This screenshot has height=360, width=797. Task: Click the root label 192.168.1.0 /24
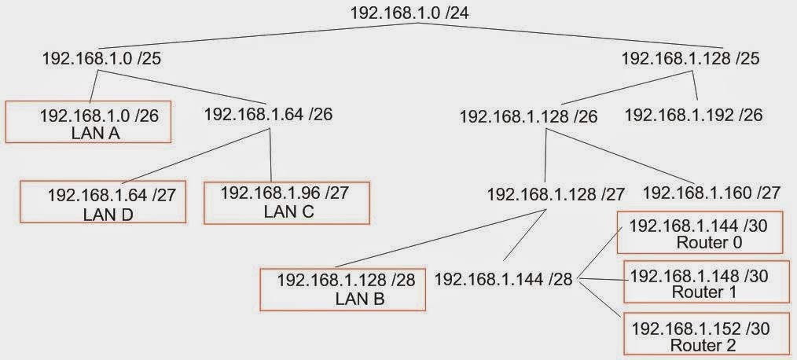(409, 13)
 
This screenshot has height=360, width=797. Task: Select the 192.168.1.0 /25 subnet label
(102, 58)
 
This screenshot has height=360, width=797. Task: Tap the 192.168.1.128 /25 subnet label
(690, 58)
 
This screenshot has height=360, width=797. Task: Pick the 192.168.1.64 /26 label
(268, 114)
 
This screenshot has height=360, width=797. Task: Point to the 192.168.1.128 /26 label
(528, 117)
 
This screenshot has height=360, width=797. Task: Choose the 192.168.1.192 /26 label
(693, 115)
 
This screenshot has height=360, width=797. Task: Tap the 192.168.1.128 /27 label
(556, 193)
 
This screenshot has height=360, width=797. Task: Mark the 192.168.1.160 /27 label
(711, 193)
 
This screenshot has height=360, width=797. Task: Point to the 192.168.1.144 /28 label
(504, 279)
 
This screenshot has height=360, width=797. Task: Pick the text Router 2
(703, 346)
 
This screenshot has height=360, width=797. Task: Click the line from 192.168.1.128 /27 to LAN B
(441, 237)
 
